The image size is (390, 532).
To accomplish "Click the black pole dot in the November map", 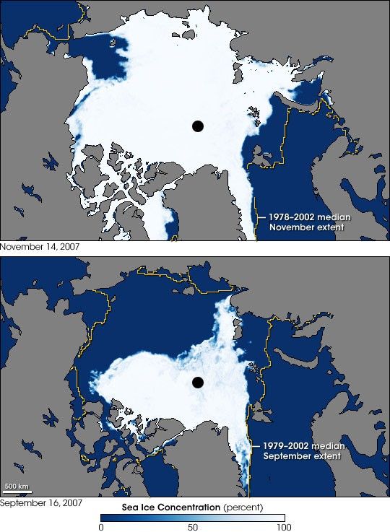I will [x=197, y=126].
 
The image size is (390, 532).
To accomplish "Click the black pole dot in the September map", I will [x=197, y=382].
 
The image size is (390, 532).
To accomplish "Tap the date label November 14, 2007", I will [x=40, y=247].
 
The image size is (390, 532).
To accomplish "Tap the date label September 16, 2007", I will [x=40, y=502].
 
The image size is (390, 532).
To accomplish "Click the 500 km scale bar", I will [x=16, y=487].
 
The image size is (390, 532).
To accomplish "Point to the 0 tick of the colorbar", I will [x=101, y=528].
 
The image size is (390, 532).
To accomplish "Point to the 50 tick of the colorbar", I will [x=193, y=528].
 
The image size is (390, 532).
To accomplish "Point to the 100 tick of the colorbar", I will [x=284, y=528].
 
